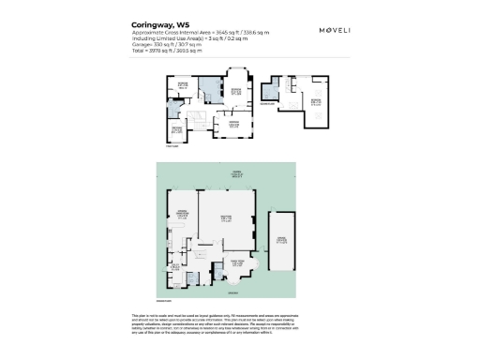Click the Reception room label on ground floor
[226, 217]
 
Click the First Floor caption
[172, 146]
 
